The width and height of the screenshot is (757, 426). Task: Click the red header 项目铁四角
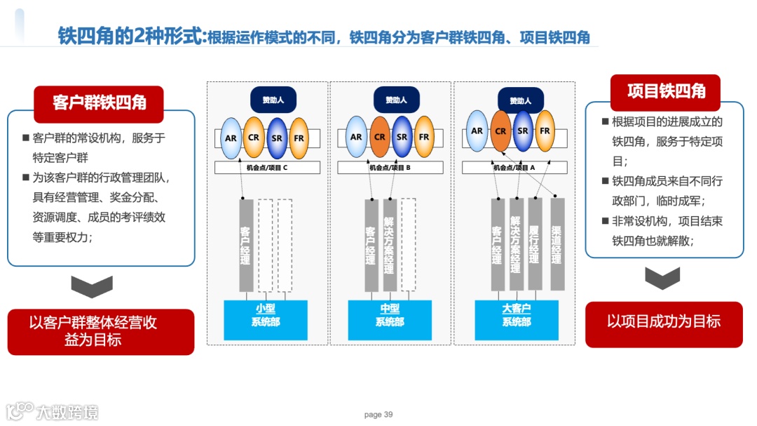pos(665,92)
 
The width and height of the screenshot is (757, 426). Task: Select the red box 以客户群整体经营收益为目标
pos(100,331)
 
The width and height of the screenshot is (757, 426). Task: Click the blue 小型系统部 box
pos(265,319)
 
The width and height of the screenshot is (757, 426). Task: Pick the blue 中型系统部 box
pos(390,319)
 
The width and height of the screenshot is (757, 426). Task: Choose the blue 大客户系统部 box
pos(517,319)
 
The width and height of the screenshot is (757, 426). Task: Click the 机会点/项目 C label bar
pos(267,168)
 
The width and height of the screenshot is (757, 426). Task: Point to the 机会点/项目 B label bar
pos(390,168)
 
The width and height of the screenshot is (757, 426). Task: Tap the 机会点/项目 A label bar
pos(514,168)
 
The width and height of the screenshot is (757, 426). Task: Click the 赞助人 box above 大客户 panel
pos(520,100)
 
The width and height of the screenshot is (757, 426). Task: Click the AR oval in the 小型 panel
pos(231,138)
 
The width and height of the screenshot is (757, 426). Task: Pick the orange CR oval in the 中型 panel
pos(379,138)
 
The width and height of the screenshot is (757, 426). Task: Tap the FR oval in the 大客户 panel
pos(545,131)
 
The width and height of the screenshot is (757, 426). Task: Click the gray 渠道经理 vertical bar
pos(557,244)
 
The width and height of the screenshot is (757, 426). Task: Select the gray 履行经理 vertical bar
pos(535,244)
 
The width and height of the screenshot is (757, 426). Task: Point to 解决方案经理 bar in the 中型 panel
pos(390,245)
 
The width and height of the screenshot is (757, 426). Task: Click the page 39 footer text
pos(378,415)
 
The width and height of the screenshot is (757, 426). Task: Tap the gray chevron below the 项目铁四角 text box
pos(662,278)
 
